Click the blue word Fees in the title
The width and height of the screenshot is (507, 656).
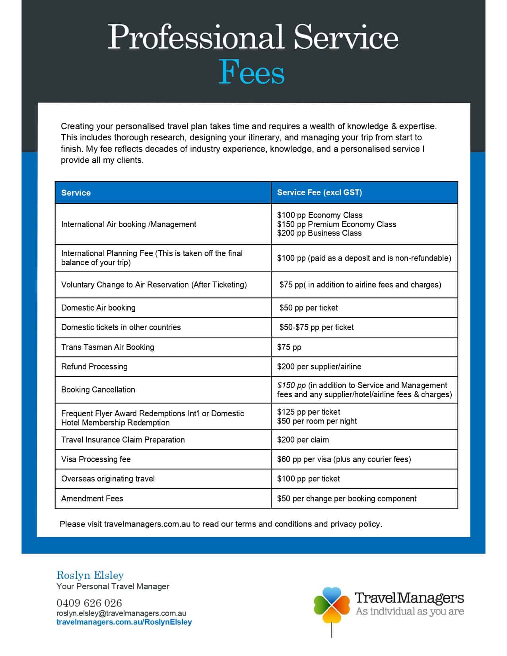(252, 72)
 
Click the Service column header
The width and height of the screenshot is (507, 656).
(76, 193)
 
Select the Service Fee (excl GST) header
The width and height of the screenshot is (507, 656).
(319, 192)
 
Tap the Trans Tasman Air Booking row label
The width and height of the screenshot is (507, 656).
(107, 347)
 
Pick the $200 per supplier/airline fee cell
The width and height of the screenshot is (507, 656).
(319, 367)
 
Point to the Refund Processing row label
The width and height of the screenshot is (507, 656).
(94, 367)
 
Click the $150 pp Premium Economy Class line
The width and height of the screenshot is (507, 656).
(336, 224)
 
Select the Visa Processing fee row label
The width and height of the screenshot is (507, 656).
(96, 459)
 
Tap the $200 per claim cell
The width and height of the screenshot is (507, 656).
(303, 440)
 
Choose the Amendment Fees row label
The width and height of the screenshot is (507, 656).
(92, 499)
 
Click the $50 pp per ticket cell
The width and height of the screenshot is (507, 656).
(309, 308)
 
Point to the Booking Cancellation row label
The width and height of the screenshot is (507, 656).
(98, 390)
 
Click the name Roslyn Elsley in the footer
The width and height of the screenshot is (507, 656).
(90, 575)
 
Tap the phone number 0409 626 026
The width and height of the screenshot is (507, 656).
(89, 603)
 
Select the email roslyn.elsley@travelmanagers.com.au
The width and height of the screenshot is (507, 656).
(121, 613)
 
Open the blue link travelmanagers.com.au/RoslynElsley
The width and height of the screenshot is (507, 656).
(124, 622)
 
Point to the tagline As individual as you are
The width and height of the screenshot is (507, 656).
(410, 611)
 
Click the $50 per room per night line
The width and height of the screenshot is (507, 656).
(317, 421)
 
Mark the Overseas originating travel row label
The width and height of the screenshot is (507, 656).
(108, 479)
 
